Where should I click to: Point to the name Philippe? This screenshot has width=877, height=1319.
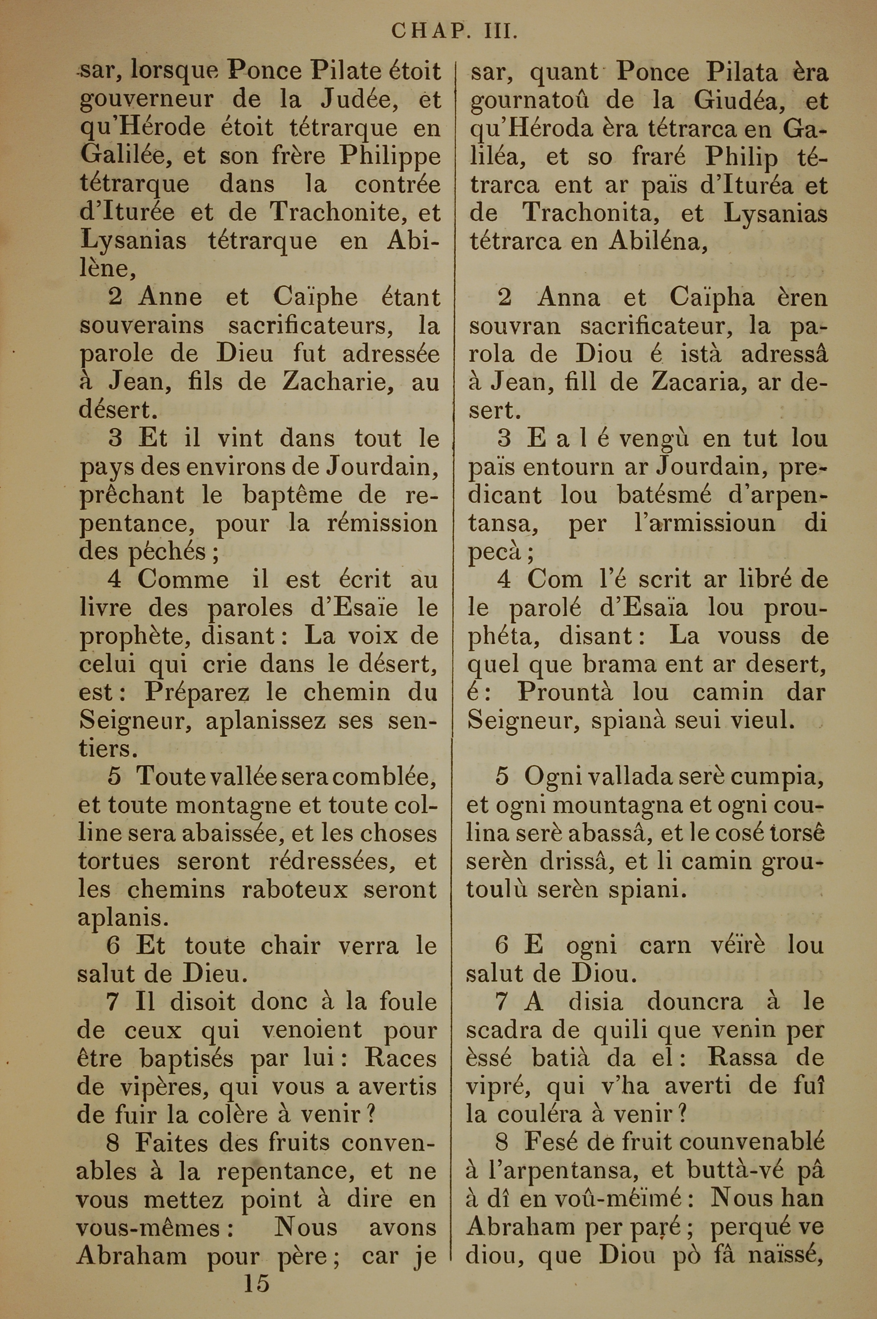[x=390, y=157]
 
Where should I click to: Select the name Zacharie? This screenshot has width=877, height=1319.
[x=333, y=382]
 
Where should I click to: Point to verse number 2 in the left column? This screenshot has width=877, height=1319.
[x=116, y=297]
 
